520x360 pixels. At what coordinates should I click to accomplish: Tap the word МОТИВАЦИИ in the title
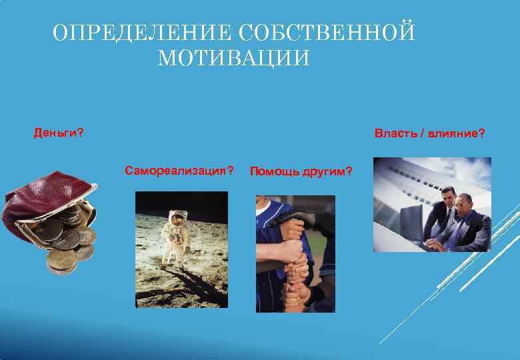pyautogui.click(x=234, y=59)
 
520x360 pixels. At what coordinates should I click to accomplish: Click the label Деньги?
pyautogui.click(x=59, y=133)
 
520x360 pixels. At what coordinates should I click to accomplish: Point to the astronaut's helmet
pyautogui.click(x=178, y=217)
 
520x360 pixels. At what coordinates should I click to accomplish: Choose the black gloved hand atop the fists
pyautogui.click(x=303, y=217)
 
